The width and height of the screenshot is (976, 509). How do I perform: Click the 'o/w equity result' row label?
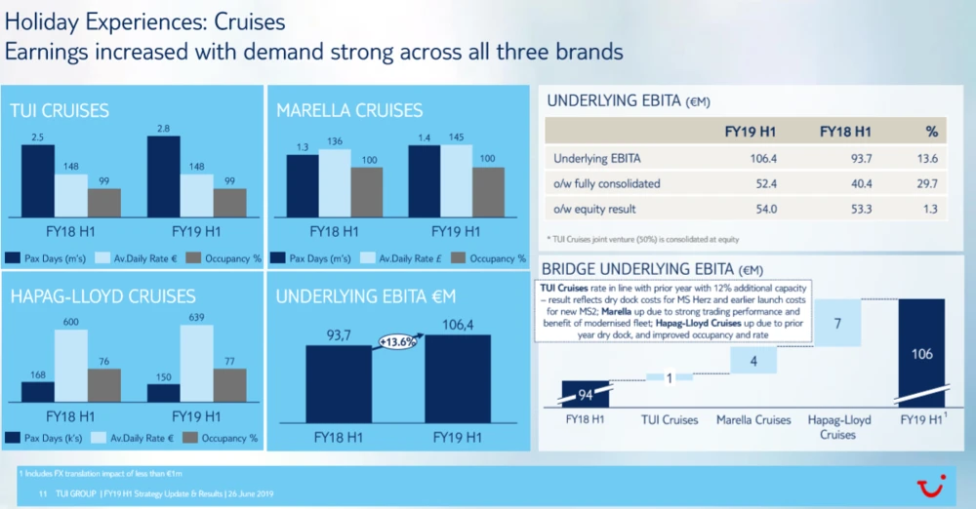tap(594, 208)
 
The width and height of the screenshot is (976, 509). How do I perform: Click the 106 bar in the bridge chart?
tap(921, 352)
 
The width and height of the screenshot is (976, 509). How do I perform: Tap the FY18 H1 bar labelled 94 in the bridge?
tap(586, 394)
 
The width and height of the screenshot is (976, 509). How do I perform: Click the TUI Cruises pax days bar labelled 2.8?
tap(164, 176)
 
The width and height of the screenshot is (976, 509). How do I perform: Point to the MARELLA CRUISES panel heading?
tap(348, 111)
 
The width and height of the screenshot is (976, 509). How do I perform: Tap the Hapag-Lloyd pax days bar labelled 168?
tap(38, 391)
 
